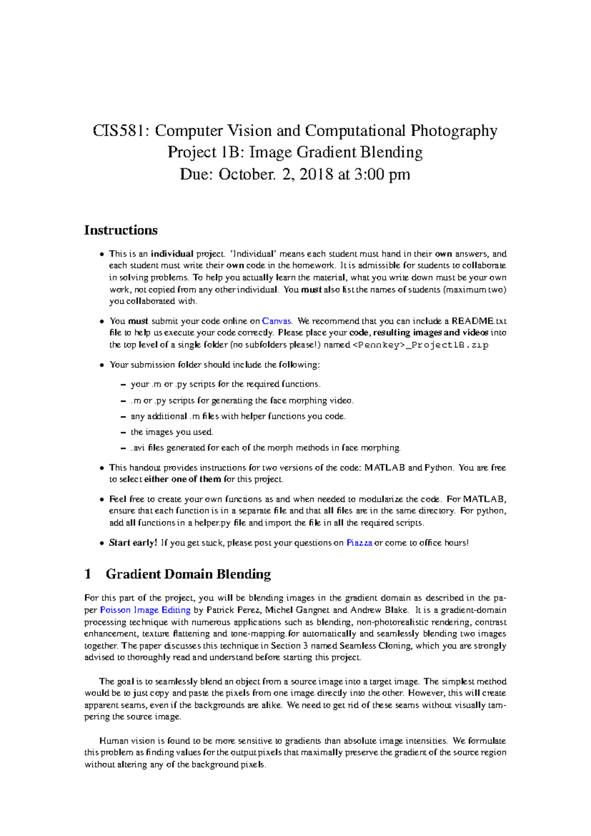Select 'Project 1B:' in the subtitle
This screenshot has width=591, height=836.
(206, 153)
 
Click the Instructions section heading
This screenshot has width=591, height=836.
(121, 230)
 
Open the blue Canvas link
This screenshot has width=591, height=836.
(277, 321)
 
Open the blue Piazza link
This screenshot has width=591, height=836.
(359, 543)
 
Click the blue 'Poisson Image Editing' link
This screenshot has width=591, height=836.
(145, 610)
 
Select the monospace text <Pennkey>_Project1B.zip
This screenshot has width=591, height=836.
(421, 345)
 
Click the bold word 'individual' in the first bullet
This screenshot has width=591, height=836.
(172, 254)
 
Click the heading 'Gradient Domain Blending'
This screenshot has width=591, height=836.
(188, 574)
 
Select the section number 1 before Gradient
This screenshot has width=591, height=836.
(88, 574)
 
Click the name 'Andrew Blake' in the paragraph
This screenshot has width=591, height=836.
(379, 610)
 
